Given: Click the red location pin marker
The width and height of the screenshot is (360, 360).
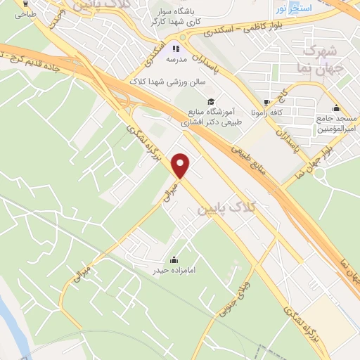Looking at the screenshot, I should [181, 165].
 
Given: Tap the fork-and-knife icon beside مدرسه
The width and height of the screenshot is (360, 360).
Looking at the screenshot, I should [176, 49].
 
